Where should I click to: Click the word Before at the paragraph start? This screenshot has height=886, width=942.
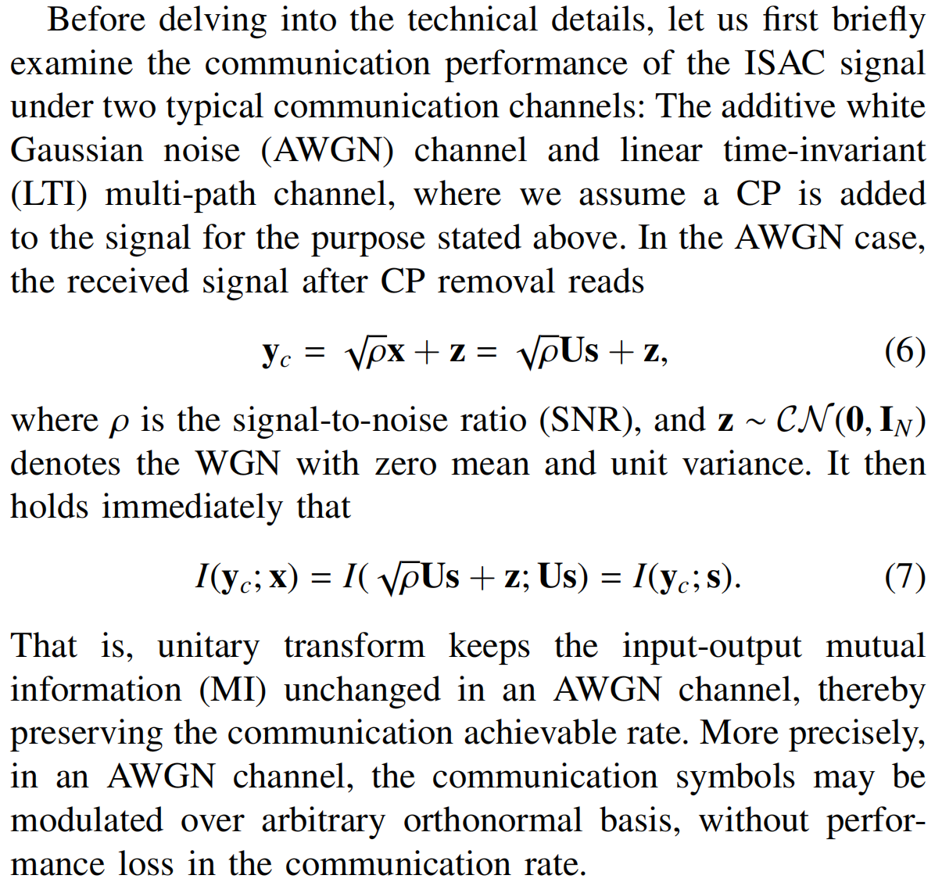click(96, 20)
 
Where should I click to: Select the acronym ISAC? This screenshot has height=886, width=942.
click(785, 63)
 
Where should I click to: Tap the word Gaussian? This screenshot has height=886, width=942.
click(77, 150)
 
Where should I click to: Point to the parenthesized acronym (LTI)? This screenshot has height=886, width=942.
click(48, 195)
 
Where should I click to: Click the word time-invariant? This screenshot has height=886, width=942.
click(825, 150)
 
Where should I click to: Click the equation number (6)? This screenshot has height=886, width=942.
click(905, 352)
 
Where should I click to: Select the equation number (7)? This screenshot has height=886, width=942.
click(905, 577)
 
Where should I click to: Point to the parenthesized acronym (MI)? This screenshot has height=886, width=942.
click(232, 690)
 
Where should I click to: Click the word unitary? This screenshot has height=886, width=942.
click(209, 647)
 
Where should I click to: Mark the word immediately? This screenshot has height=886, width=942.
click(192, 508)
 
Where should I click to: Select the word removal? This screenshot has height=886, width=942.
click(496, 281)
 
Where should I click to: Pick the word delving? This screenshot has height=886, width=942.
click(213, 21)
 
